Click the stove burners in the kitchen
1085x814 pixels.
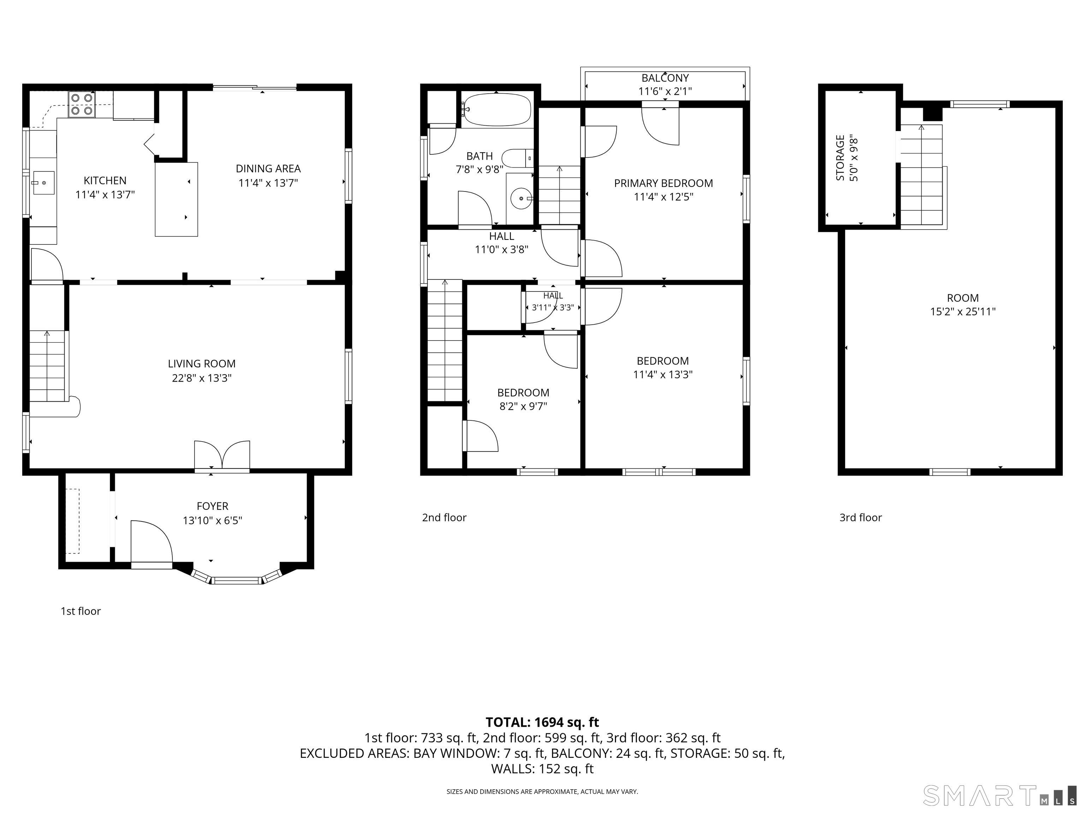pos(82,104)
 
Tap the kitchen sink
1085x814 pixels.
pos(44,183)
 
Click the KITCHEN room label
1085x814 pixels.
pos(105,181)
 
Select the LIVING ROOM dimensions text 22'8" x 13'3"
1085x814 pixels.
pos(202,378)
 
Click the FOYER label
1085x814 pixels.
pos(212,506)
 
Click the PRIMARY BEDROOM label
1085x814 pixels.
pos(664,183)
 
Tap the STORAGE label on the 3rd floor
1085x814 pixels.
pos(840,158)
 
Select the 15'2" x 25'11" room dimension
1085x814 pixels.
pos(963,312)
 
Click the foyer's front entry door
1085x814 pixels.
pos(152,544)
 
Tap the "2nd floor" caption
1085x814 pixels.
pos(444,518)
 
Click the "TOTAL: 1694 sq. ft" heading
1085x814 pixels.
pos(542,722)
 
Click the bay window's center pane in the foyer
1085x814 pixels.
pos(236,581)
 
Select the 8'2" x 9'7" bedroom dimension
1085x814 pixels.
pos(523,406)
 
